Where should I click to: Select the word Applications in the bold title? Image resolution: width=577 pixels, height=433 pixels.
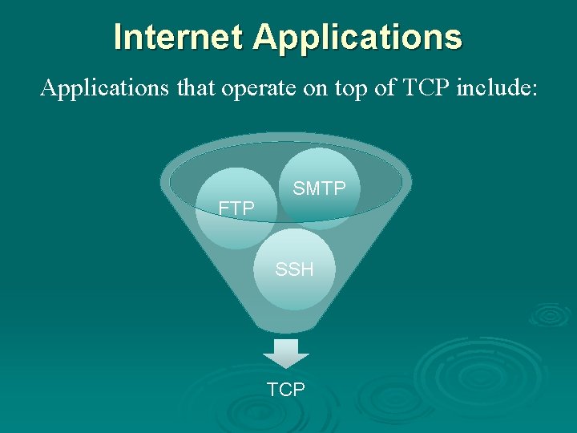(x=357, y=38)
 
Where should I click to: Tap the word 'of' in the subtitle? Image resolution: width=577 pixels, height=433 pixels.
(x=385, y=87)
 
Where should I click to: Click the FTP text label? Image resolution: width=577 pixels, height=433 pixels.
(x=237, y=208)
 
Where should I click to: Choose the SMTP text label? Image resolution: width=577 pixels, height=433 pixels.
(x=319, y=188)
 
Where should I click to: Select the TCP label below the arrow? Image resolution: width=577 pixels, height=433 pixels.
(x=286, y=390)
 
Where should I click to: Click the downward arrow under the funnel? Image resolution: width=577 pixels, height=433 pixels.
(x=286, y=353)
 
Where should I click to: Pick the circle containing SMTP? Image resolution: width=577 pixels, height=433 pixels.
(x=321, y=172)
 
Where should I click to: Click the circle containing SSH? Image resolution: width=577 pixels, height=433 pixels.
(x=294, y=281)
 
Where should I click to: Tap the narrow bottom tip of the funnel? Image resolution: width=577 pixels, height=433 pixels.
(x=286, y=324)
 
